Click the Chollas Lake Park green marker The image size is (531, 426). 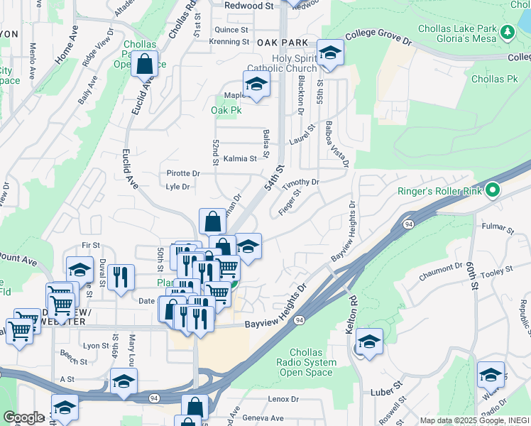[507, 32]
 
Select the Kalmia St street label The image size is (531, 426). [239, 159]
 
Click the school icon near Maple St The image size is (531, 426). [256, 84]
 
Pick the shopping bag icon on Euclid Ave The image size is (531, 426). [144, 64]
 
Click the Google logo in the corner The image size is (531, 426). [23, 417]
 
